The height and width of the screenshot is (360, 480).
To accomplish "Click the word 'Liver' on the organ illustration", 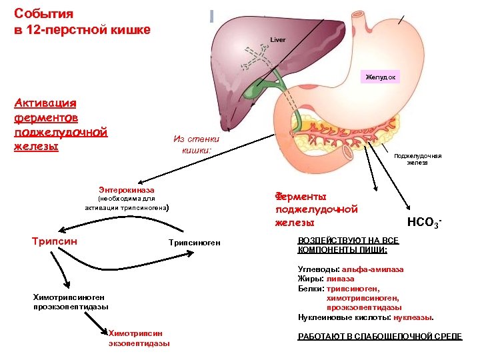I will (278, 40).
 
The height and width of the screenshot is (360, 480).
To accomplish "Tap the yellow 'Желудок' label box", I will (381, 77).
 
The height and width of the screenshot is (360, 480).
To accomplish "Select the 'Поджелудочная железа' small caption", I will (418, 160).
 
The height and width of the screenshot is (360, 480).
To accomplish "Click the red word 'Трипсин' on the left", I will (55, 241).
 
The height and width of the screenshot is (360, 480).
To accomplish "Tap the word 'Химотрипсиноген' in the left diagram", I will (69, 297).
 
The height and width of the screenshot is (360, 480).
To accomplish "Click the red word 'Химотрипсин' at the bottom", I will (135, 333).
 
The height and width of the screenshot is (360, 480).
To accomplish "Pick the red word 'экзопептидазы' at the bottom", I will (139, 343).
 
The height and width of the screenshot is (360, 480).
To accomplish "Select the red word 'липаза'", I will (341, 279).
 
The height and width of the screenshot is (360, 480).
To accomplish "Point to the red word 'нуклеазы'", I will (411, 317).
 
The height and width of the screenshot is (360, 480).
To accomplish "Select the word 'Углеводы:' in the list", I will (318, 269).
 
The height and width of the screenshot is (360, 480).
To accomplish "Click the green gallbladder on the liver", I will (273, 87).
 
